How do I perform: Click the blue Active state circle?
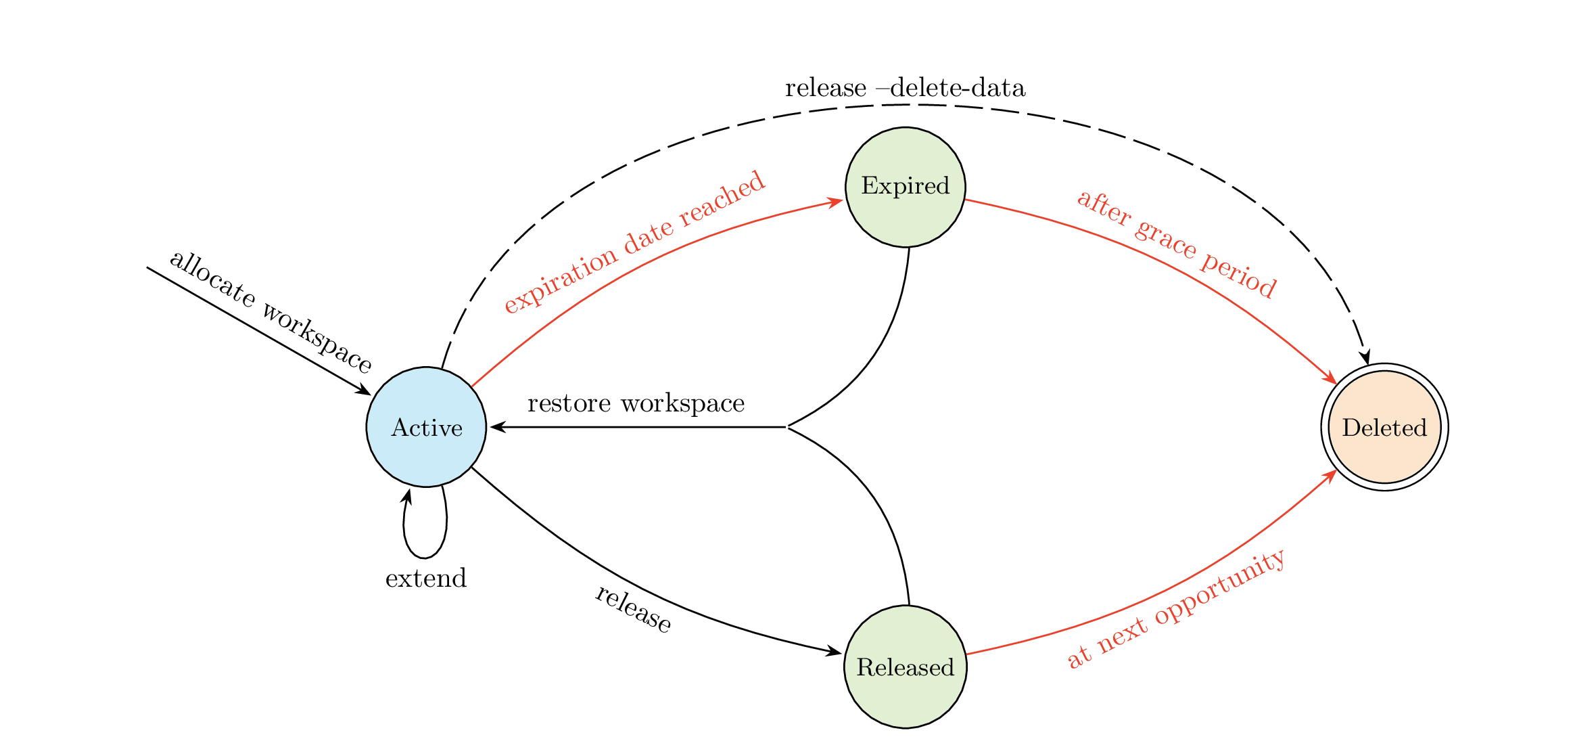pos(426,427)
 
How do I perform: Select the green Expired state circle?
pos(905,187)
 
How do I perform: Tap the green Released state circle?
pos(905,667)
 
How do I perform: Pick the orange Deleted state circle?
pos(1384,427)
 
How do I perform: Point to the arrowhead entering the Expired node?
pos(837,201)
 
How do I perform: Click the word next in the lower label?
pos(1123,637)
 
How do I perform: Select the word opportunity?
pos(1220,589)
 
